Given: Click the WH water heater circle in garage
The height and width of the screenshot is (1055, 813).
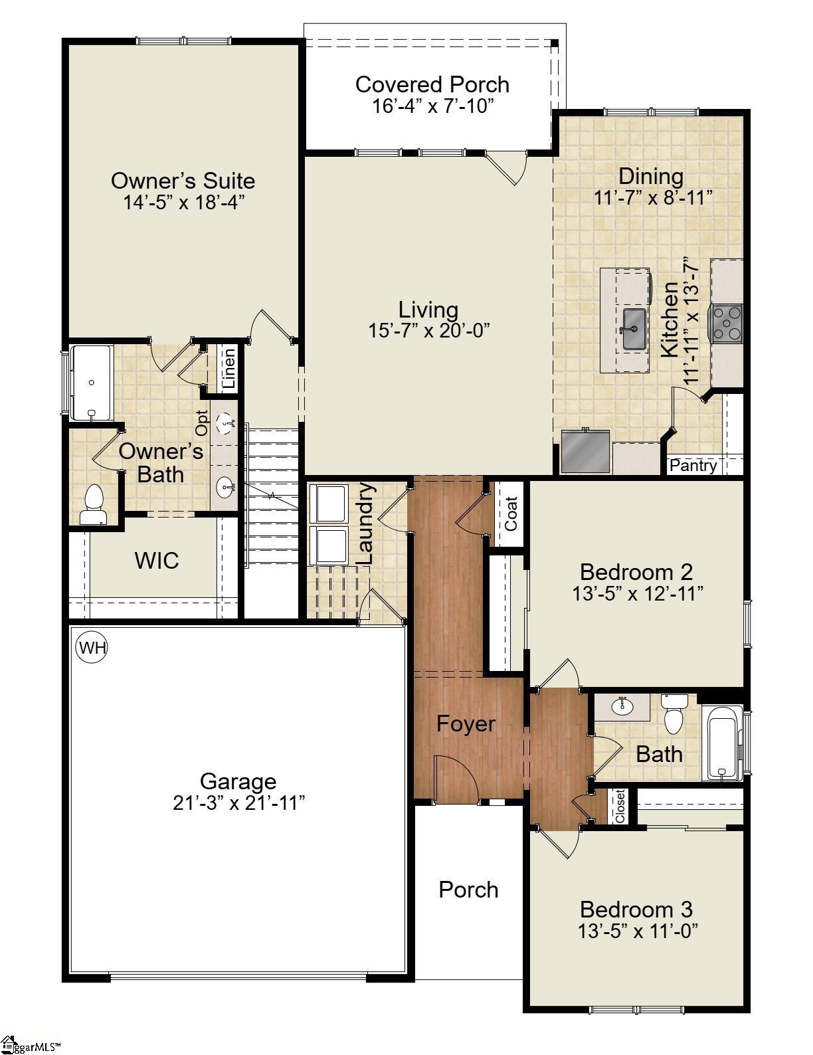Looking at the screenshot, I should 92,647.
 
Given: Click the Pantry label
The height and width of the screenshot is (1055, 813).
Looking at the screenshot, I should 693,466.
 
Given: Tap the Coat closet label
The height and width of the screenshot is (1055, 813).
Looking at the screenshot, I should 511,514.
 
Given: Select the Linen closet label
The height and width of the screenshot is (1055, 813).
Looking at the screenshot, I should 228,369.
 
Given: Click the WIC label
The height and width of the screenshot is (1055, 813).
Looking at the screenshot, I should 157,561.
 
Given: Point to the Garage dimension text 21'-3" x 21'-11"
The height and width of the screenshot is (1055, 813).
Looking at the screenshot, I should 239,803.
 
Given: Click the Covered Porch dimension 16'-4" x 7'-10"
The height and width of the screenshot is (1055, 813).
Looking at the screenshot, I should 433,106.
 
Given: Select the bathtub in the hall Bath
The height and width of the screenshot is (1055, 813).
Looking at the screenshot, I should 724,743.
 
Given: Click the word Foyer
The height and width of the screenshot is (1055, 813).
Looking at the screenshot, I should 466,723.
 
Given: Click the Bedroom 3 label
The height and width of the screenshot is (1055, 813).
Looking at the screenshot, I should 636,909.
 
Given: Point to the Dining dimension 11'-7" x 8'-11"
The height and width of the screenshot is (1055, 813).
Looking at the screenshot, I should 654,197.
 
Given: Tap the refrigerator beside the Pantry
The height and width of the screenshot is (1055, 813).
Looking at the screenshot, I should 585,452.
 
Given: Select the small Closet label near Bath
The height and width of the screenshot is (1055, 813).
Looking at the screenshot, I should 620,806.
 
